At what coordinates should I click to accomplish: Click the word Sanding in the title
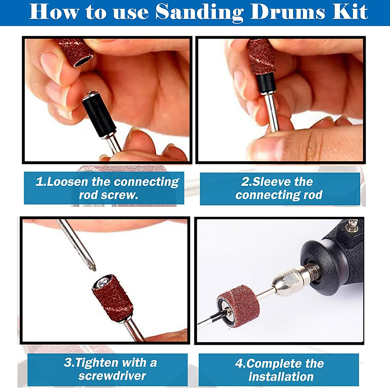point(199,12)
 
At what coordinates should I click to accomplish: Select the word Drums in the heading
point(287,12)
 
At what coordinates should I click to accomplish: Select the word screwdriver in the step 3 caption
point(112,376)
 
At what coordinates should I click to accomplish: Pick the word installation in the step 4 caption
point(281,377)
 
